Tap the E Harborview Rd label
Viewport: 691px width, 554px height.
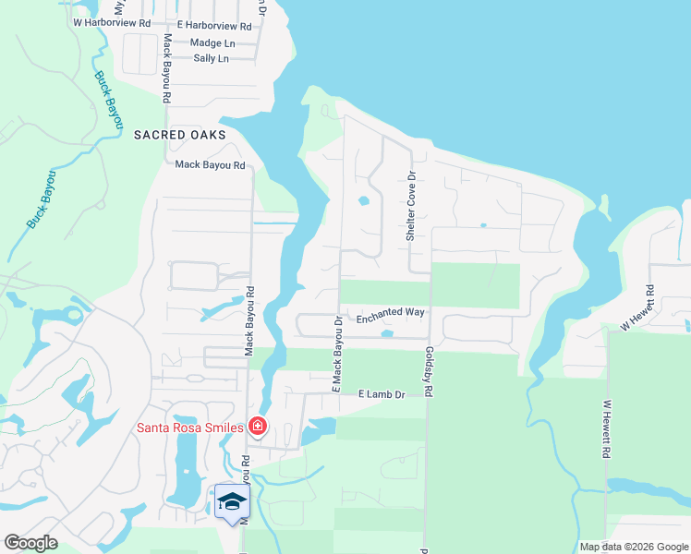pos(213,27)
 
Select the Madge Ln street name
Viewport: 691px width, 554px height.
pos(212,42)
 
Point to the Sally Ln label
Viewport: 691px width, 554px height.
pos(211,57)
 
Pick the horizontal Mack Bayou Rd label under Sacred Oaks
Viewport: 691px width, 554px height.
pos(210,165)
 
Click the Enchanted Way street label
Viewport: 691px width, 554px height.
pos(390,313)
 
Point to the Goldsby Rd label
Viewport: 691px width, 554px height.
pos(429,372)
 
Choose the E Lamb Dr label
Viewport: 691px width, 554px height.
pos(382,394)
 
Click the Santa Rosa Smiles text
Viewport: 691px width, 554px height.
pos(190,427)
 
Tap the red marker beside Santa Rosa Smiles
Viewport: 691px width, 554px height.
pos(257,427)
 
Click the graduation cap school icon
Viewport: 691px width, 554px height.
pos(232,501)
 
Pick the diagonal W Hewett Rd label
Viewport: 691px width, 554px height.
pos(637,307)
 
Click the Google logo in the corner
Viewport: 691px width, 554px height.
pos(30,543)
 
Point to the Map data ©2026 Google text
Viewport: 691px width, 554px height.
pos(633,547)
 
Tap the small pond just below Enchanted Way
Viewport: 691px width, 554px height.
pos(387,333)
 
